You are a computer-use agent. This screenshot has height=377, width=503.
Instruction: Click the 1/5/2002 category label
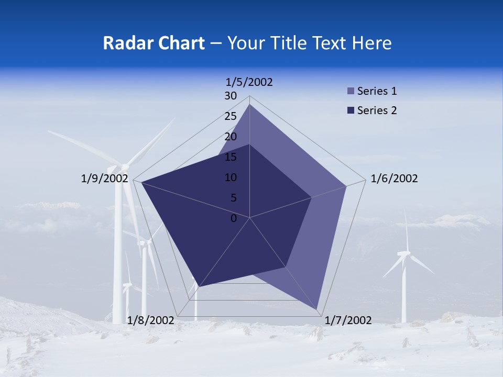click(249, 82)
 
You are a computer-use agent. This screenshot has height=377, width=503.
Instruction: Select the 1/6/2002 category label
click(394, 179)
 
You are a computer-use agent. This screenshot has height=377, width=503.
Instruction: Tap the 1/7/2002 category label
click(348, 320)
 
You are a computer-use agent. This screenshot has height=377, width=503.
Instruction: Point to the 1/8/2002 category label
click(151, 320)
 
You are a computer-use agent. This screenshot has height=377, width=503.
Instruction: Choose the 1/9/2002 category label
click(105, 179)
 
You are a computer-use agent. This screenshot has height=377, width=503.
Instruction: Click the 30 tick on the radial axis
click(231, 96)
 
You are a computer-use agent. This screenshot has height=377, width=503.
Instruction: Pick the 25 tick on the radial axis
click(231, 116)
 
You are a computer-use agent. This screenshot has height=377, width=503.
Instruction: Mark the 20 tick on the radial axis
click(231, 137)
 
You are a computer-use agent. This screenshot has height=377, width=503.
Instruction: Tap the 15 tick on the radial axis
click(231, 157)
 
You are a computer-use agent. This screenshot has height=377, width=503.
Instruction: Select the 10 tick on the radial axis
click(231, 178)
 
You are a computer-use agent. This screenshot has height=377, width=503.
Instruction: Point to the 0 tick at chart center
click(234, 218)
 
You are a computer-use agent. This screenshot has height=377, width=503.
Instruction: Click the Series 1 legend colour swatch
click(351, 91)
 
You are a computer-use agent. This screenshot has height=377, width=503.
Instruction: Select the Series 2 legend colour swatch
click(351, 110)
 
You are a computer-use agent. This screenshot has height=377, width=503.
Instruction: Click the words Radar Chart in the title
click(154, 43)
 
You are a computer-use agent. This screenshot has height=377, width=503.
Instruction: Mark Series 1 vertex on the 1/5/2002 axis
click(249, 105)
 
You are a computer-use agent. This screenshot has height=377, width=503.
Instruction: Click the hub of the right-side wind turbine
click(404, 253)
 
